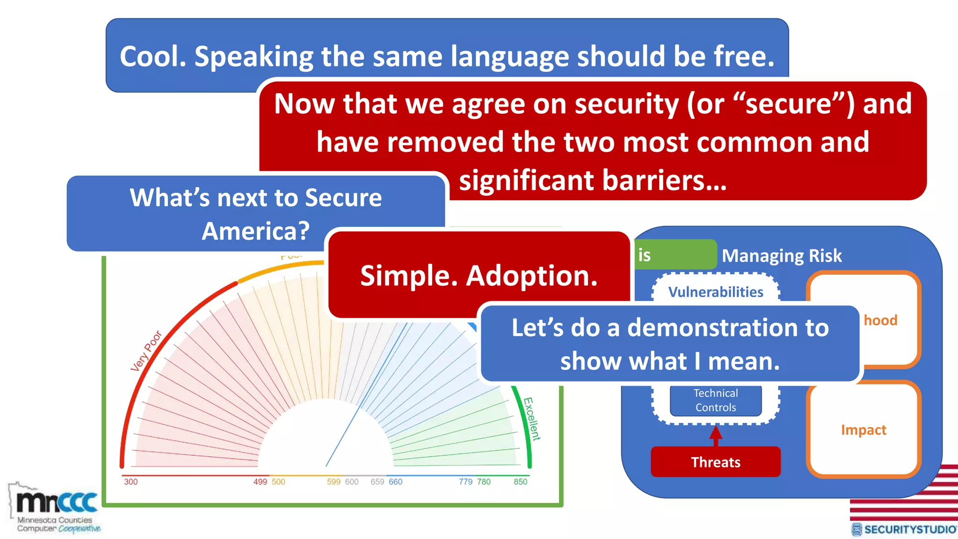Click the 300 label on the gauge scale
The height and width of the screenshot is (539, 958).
[x=131, y=481]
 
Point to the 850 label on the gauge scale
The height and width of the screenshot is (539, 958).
[x=520, y=481]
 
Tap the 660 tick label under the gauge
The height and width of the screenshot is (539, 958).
[x=395, y=481]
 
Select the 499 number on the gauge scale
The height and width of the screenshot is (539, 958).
[x=260, y=481]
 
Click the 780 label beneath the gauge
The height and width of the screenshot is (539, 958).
[x=484, y=481]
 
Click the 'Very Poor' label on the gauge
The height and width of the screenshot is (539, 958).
[x=146, y=351]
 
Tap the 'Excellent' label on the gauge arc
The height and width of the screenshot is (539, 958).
[x=531, y=419]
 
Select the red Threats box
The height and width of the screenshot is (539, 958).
[x=715, y=462]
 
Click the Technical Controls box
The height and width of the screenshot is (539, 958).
[x=715, y=400]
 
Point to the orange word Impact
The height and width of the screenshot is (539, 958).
[x=864, y=430]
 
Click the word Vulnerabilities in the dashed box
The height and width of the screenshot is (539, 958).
[x=715, y=292]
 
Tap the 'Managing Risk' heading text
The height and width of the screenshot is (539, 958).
[x=781, y=256]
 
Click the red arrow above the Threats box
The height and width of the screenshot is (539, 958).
[x=715, y=435]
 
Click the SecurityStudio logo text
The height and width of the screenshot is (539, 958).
[x=909, y=529]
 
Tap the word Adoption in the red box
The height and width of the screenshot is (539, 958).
[x=532, y=276]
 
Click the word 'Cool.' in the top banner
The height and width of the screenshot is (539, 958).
[x=153, y=57]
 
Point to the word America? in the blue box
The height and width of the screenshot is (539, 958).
[x=255, y=231]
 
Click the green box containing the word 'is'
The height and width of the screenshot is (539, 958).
[x=675, y=255]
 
